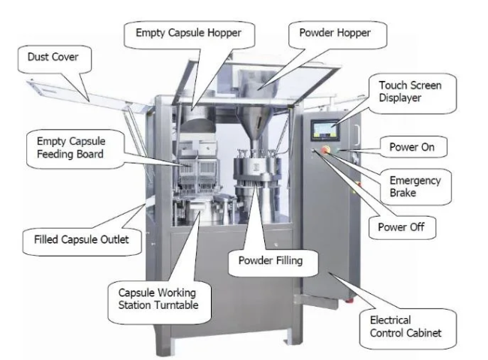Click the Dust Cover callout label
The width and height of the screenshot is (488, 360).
tap(53, 57)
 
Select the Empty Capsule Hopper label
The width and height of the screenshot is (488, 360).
tap(188, 33)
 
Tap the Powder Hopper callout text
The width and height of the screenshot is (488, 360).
tap(335, 33)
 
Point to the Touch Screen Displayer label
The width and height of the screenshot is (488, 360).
tap(410, 91)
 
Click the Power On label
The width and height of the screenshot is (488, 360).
tap(411, 147)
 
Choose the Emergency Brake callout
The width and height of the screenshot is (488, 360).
tap(415, 187)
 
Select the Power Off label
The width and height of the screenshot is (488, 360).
tap(401, 227)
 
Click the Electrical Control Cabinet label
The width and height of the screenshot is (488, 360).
tap(405, 326)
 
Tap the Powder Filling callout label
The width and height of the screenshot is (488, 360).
tap(270, 260)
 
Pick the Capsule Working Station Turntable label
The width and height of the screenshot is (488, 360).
tap(158, 298)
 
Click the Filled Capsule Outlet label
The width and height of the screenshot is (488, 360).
tap(81, 239)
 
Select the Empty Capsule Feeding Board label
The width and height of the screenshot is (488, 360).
tap(71, 148)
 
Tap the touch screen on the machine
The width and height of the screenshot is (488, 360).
tap(324, 130)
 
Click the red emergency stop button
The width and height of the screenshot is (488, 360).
tap(326, 149)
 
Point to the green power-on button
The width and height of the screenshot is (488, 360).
tap(338, 151)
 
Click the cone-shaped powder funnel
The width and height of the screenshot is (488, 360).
tap(255, 123)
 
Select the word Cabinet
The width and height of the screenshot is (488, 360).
tap(423, 333)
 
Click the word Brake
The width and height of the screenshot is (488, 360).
tap(402, 193)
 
